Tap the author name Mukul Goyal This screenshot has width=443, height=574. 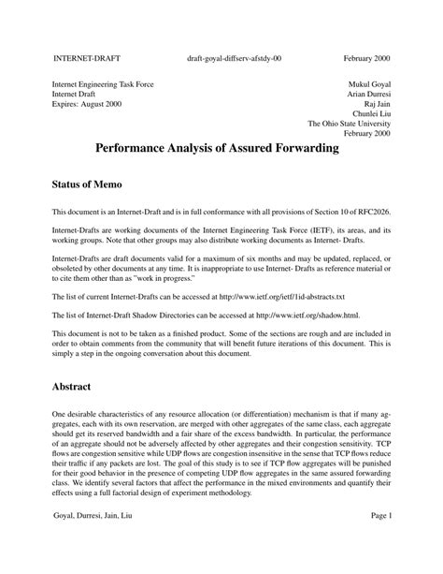point(369,84)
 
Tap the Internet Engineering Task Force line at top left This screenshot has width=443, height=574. point(103,84)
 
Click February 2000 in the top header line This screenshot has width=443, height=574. point(367,58)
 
